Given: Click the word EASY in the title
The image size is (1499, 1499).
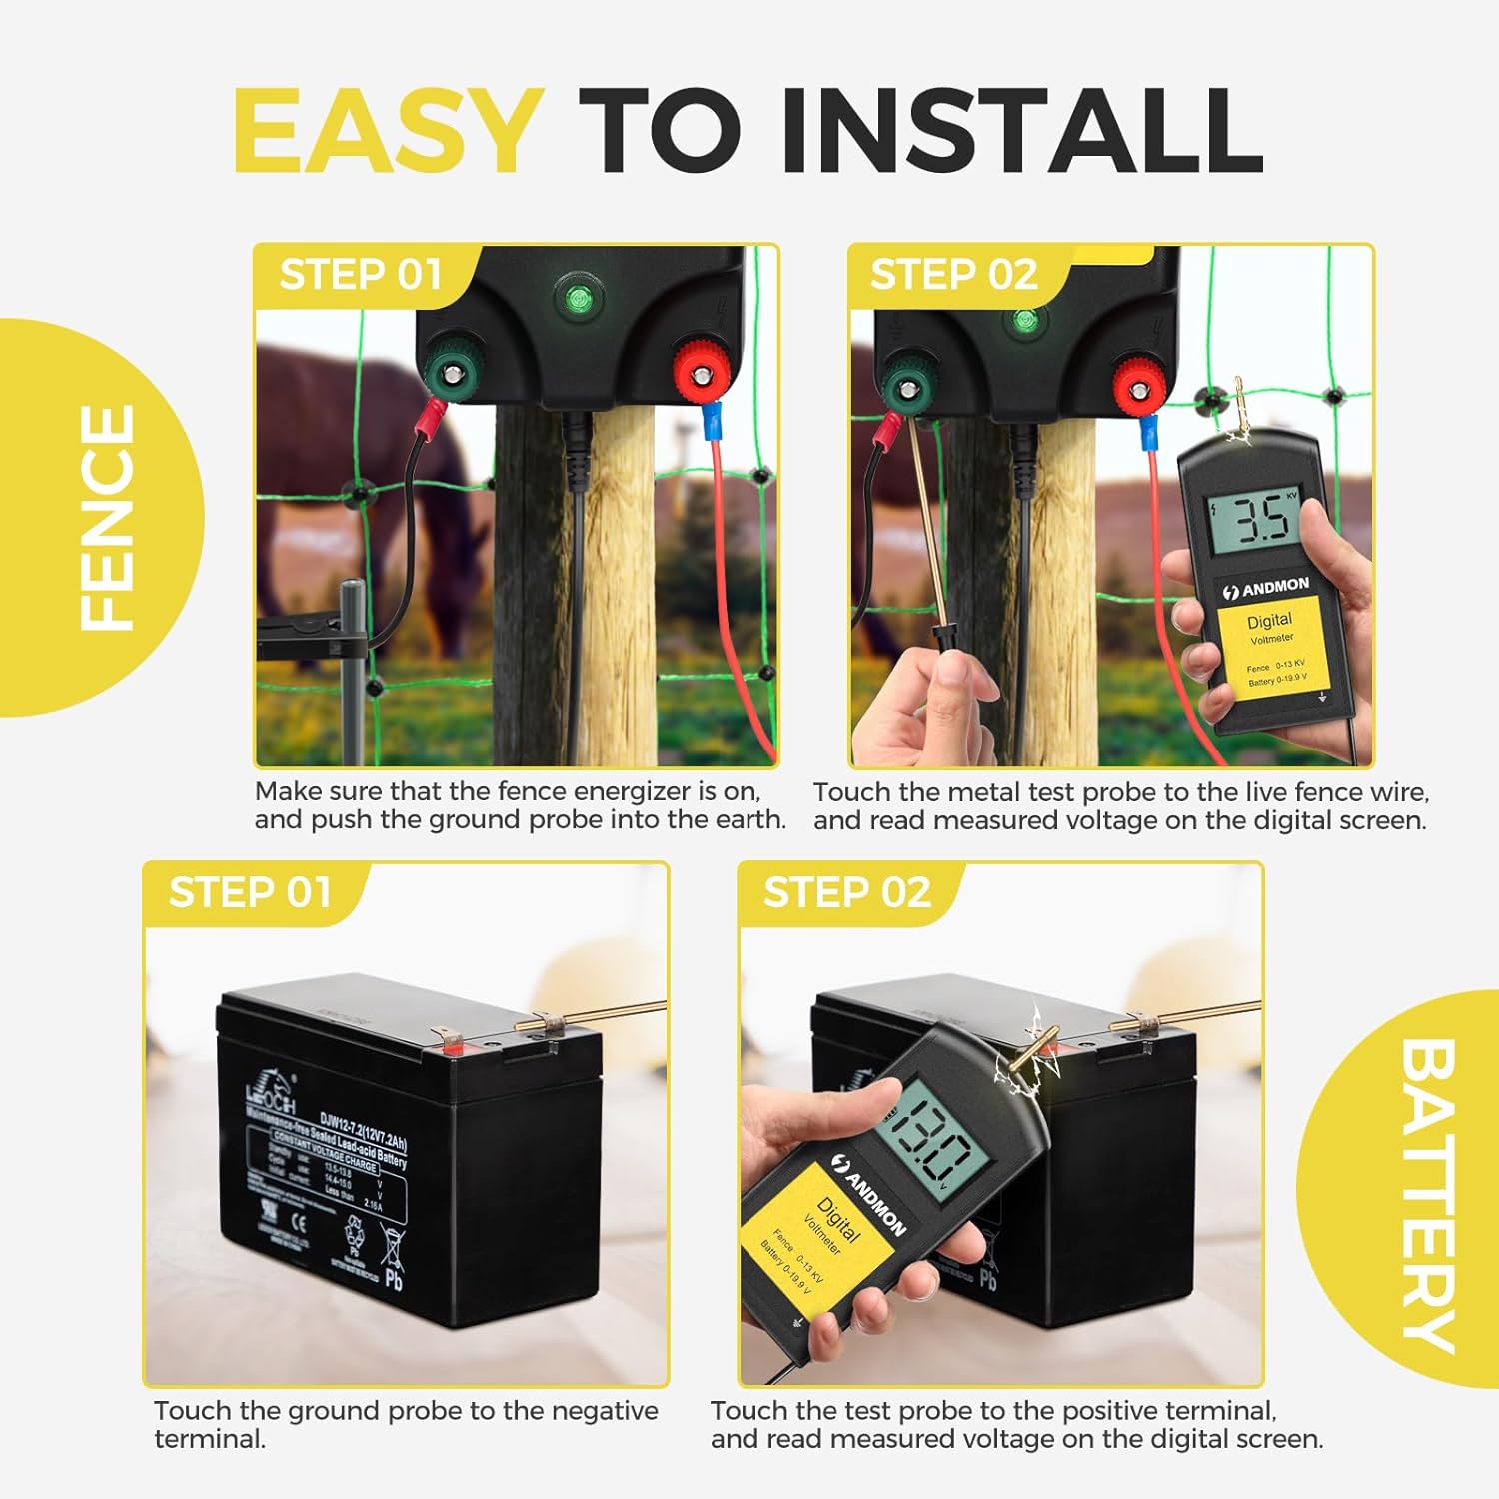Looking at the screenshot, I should point(388,131).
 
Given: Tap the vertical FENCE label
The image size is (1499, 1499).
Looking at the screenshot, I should point(106,517).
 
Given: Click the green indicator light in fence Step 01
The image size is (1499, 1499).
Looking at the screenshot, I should point(576,298).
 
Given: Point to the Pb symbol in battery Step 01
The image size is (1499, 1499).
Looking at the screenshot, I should point(394,1277).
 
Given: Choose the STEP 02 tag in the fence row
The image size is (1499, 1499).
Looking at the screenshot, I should point(953,274).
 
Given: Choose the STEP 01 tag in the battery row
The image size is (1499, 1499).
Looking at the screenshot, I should point(249,892).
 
